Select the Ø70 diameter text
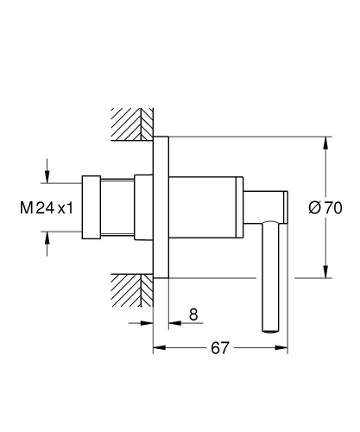[x=326, y=207]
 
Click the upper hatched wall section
[x=129, y=123]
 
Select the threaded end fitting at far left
[x=92, y=207]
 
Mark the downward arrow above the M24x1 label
[x=47, y=174]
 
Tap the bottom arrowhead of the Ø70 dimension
[x=325, y=273]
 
